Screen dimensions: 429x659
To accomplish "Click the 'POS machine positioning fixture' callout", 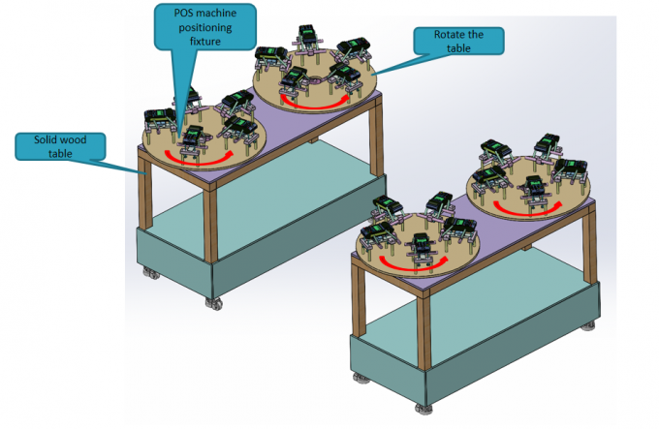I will pyautogui.click(x=204, y=31).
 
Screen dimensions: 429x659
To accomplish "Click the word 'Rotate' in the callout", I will pyautogui.click(x=438, y=35).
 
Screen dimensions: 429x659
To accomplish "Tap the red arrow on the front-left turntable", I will pyautogui.click(x=198, y=158).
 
